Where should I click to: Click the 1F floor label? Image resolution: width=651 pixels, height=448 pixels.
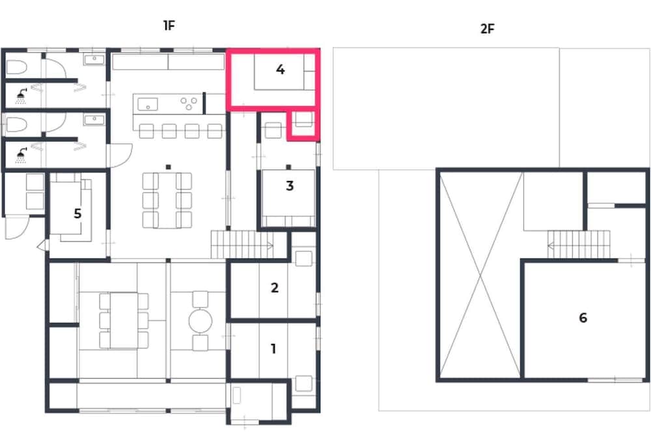tap(169, 26)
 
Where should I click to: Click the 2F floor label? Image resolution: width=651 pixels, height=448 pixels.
tap(488, 29)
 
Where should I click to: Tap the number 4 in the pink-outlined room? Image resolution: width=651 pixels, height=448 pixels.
tap(280, 69)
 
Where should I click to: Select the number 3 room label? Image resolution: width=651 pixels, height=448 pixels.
tap(290, 186)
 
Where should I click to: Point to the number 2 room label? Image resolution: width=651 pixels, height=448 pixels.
tap(275, 288)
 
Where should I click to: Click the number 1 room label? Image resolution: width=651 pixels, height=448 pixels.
tap(273, 349)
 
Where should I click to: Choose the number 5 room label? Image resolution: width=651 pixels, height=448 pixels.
tap(77, 214)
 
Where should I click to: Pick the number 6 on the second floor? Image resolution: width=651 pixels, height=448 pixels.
tap(583, 318)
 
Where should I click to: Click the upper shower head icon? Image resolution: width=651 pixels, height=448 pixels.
tap(21, 96)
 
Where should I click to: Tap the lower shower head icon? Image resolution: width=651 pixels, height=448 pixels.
tap(21, 155)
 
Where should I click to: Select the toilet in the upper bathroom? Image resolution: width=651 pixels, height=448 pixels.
tap(17, 67)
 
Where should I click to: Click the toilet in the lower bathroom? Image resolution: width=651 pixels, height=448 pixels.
tap(17, 124)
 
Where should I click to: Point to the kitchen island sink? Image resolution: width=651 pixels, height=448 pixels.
tap(148, 104)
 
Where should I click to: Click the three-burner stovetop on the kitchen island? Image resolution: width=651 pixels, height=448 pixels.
tap(189, 104)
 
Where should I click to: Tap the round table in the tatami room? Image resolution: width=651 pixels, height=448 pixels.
tap(201, 320)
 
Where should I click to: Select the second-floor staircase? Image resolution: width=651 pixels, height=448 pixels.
tap(579, 245)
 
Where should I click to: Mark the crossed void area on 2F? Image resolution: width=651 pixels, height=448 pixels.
tap(480, 275)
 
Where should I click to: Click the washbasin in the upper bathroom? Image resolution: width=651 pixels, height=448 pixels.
tap(94, 60)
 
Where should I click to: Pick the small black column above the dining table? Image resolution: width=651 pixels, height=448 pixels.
tap(168, 167)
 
